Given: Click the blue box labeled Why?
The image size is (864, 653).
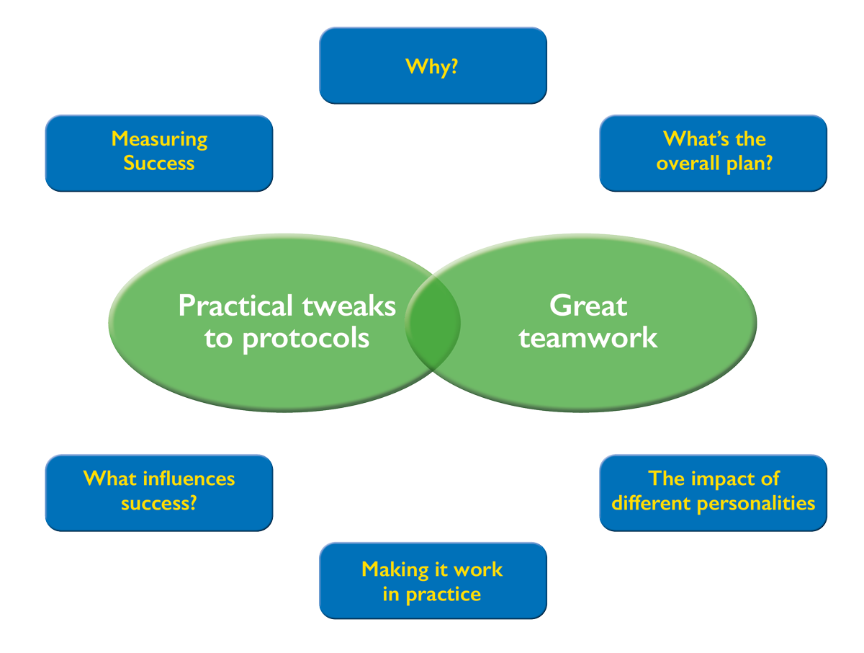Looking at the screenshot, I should pyautogui.click(x=433, y=66).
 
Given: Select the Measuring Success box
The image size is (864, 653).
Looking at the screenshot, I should pyautogui.click(x=159, y=153).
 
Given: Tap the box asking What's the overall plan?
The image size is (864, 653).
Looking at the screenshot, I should pyautogui.click(x=714, y=153).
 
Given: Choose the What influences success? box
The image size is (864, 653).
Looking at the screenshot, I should pyautogui.click(x=159, y=493).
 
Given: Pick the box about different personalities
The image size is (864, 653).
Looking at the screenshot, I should pyautogui.click(x=714, y=493).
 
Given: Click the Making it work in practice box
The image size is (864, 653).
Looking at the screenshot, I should pyautogui.click(x=433, y=581).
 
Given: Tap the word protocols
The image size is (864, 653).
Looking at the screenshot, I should pyautogui.click(x=306, y=338).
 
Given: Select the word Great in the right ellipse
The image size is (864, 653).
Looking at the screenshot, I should pyautogui.click(x=588, y=306).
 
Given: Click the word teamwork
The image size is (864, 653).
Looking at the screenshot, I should pyautogui.click(x=588, y=338).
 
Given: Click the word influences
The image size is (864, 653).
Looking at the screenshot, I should pyautogui.click(x=189, y=479).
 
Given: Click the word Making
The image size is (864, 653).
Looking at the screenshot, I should pyautogui.click(x=390, y=569).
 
